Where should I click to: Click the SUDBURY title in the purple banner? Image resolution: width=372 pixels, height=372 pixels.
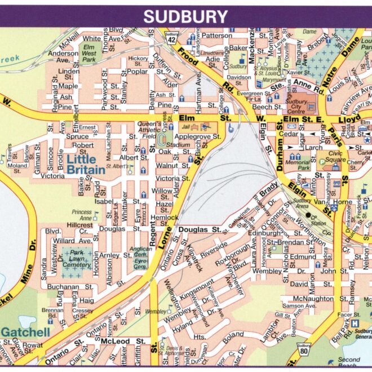[185, 17]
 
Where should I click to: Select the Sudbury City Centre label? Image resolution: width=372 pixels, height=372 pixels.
[303, 105]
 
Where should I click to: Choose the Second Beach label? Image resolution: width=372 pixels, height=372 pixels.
[349, 363]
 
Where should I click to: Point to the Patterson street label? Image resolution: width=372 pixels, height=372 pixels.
[216, 36]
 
